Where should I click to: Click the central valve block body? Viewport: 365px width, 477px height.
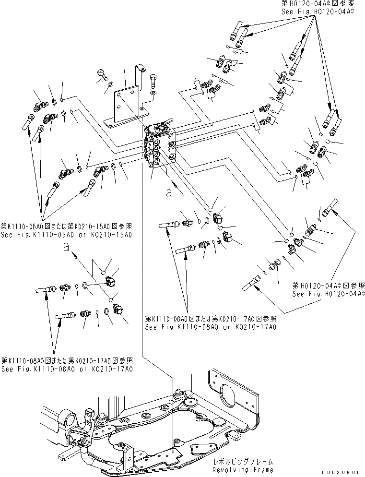pos(161,149)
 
